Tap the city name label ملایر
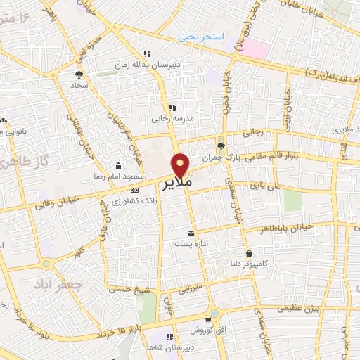(177, 185)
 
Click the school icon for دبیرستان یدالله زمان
(146, 53)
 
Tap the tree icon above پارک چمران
(221, 146)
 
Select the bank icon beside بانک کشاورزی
(135, 190)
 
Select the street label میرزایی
(188, 289)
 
